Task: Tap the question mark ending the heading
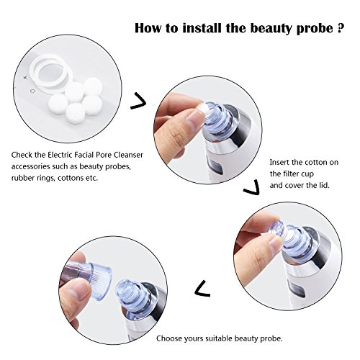click(x=340, y=28)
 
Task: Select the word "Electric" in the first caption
click(x=60, y=155)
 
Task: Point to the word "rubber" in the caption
click(x=21, y=178)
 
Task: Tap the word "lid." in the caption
click(x=324, y=185)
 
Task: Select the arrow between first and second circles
click(x=139, y=102)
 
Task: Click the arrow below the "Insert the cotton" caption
click(x=253, y=187)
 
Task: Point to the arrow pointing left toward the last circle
click(x=202, y=288)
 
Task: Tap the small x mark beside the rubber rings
click(x=25, y=78)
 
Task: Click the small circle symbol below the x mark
click(x=33, y=91)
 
